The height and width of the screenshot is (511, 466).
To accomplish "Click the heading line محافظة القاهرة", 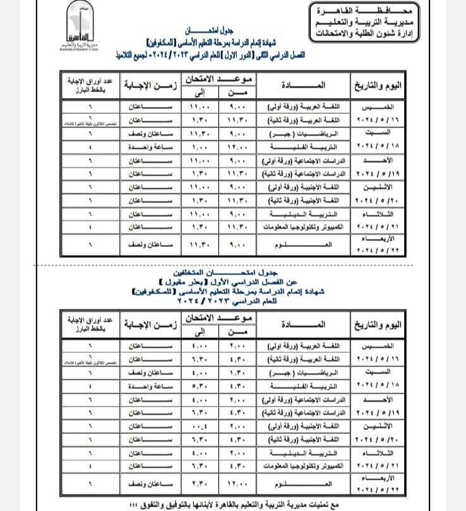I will point(358,11).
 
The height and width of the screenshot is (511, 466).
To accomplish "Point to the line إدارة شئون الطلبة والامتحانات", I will point(358,32).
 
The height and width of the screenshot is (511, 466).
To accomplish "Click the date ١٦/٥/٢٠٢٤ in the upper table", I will point(379,118).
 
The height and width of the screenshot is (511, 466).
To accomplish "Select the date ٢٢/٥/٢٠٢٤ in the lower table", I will point(379,490).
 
